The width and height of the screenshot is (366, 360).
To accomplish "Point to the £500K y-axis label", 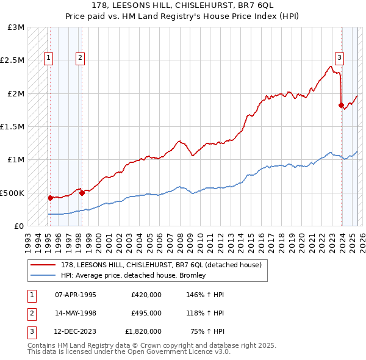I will tap(12, 193).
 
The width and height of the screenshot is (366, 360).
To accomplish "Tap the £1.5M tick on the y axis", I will tap(13, 127).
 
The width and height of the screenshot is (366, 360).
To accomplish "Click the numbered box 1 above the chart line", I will tap(49, 59).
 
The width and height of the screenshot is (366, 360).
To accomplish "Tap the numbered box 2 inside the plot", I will tap(80, 59).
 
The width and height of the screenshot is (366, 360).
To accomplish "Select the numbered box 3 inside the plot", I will tap(339, 59).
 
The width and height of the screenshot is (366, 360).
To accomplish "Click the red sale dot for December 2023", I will tap(340, 106).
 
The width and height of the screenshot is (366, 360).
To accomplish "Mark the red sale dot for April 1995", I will tap(50, 198).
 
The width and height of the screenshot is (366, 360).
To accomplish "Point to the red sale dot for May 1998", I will tap(82, 193).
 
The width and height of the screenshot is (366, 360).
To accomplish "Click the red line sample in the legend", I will tap(43, 264).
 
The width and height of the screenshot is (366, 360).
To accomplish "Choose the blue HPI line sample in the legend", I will tap(43, 275).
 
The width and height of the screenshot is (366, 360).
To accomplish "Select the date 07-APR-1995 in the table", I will tap(76, 295).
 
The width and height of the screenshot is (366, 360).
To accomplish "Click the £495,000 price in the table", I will tap(146, 313).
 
